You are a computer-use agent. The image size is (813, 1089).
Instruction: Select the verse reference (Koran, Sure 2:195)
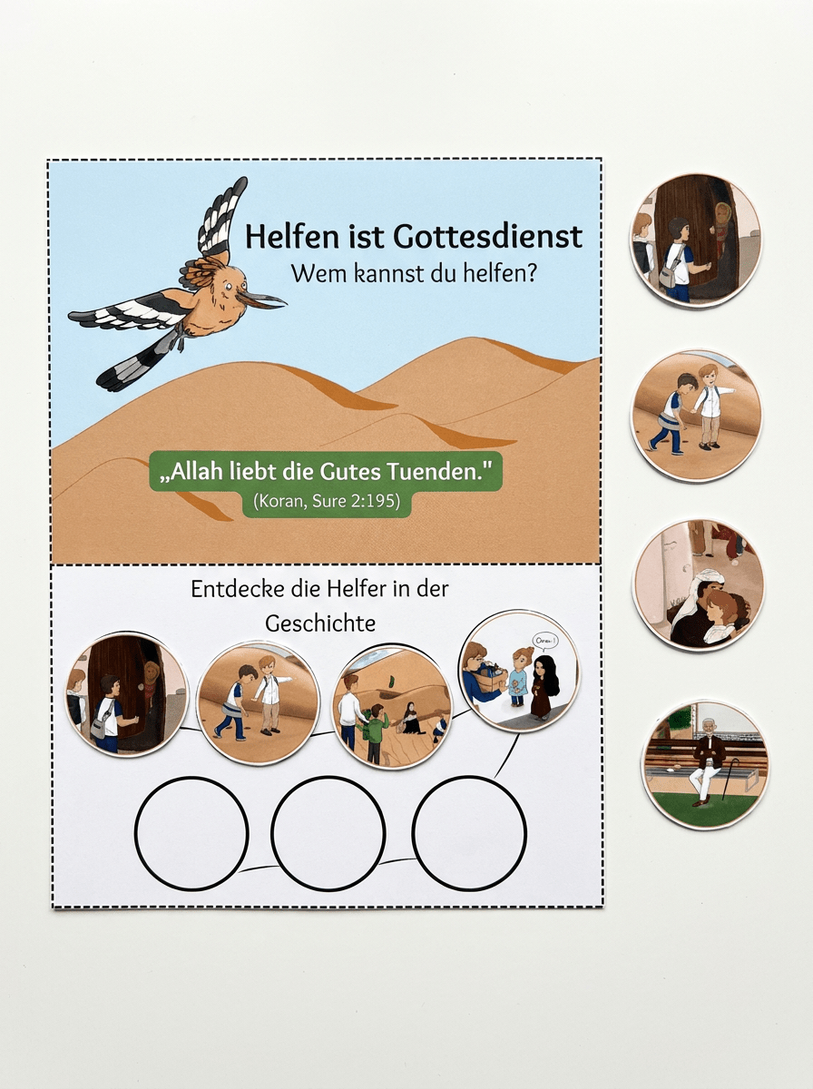tap(327, 501)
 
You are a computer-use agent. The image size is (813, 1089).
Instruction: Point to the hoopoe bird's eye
tap(226, 287)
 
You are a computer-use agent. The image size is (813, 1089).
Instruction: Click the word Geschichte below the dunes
tap(320, 623)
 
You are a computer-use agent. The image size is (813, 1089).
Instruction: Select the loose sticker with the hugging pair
tap(697, 585)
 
